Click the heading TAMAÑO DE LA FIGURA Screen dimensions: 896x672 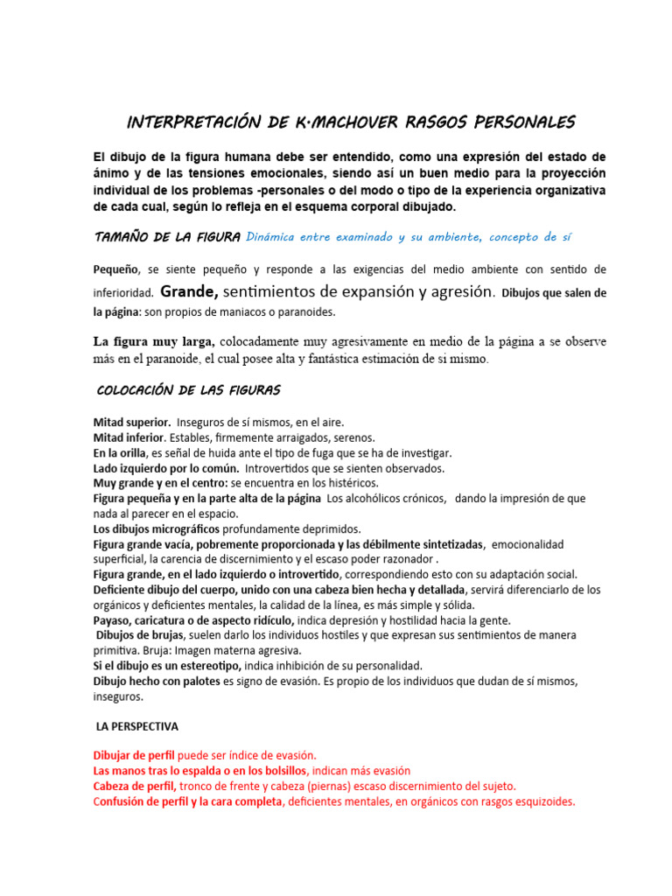pyautogui.click(x=167, y=237)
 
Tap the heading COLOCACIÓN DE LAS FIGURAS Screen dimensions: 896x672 pyautogui.click(x=186, y=389)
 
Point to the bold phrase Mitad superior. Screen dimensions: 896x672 pyautogui.click(x=131, y=422)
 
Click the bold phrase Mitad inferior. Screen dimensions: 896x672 pyautogui.click(x=129, y=437)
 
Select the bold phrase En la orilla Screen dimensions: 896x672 pyautogui.click(x=120, y=453)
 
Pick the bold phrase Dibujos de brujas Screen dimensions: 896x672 pyautogui.click(x=139, y=635)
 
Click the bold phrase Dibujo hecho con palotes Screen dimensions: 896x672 pyautogui.click(x=157, y=682)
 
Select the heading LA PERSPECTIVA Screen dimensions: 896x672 pyautogui.click(x=136, y=726)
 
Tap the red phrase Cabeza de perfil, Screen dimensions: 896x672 pyautogui.click(x=135, y=786)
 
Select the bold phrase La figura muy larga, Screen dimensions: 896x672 pyautogui.click(x=152, y=341)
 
